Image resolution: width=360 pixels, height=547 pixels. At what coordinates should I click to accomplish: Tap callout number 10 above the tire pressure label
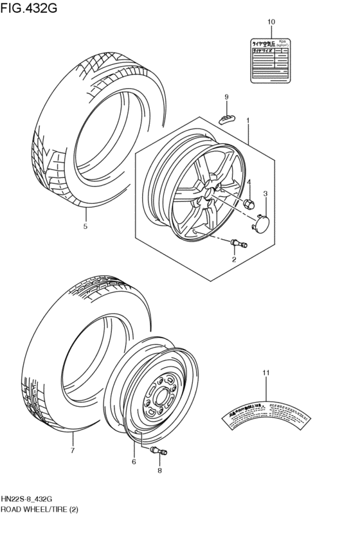[271, 22]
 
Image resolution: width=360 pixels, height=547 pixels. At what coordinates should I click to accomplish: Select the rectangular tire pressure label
[271, 58]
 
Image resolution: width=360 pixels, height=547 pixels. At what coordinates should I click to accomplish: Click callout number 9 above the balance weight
[226, 97]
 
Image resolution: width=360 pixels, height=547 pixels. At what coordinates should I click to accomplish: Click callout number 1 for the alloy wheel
[248, 120]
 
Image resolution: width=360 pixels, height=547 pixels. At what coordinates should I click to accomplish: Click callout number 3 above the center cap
[265, 193]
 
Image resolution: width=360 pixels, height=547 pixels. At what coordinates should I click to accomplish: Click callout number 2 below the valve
[234, 259]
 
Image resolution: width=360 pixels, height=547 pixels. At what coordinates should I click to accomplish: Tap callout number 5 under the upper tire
[85, 226]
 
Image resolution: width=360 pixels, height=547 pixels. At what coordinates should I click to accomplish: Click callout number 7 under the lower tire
[73, 451]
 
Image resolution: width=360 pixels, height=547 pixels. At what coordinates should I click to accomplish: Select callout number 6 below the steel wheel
[134, 462]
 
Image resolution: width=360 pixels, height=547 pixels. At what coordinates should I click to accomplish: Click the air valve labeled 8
[158, 453]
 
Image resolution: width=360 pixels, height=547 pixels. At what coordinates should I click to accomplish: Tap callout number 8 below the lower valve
[159, 470]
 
